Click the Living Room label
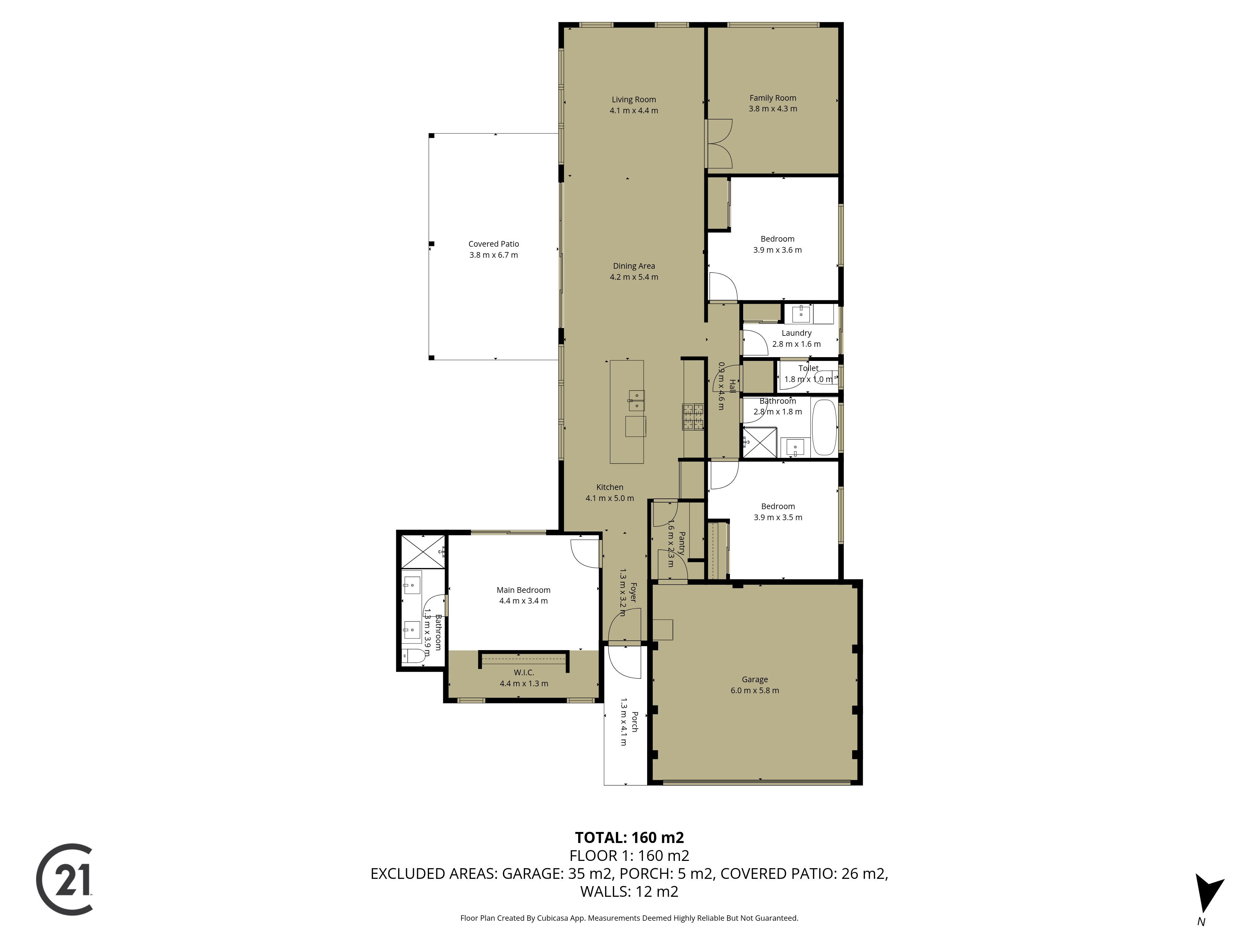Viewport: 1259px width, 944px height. coord(634,99)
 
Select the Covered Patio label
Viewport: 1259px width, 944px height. coord(494,244)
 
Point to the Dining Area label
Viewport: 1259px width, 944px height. coord(634,266)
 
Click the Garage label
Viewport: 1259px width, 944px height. coord(755,679)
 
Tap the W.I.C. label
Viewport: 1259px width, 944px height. coord(524,672)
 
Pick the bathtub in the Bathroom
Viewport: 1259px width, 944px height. coord(824,428)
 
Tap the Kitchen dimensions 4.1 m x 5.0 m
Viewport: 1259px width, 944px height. coord(610,498)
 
